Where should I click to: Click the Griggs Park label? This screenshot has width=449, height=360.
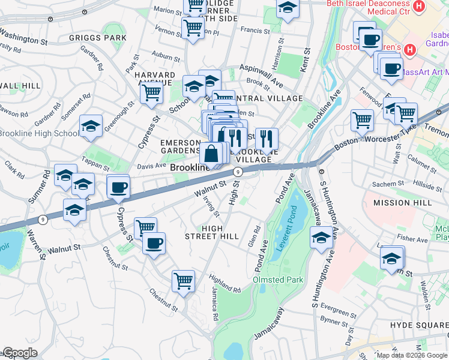click(106, 38)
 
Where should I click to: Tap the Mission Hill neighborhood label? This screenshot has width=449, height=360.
click(402, 203)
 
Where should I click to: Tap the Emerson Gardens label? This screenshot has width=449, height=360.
click(180, 146)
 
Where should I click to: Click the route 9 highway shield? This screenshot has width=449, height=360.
click(238, 172)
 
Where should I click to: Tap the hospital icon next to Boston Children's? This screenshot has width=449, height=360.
click(410, 49)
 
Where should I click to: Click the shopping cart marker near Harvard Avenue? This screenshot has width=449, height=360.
click(152, 92)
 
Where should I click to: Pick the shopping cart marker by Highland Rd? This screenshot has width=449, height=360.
click(184, 280)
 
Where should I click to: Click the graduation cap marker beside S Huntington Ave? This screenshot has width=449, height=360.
click(321, 238)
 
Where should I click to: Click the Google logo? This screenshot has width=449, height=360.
click(19, 353)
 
